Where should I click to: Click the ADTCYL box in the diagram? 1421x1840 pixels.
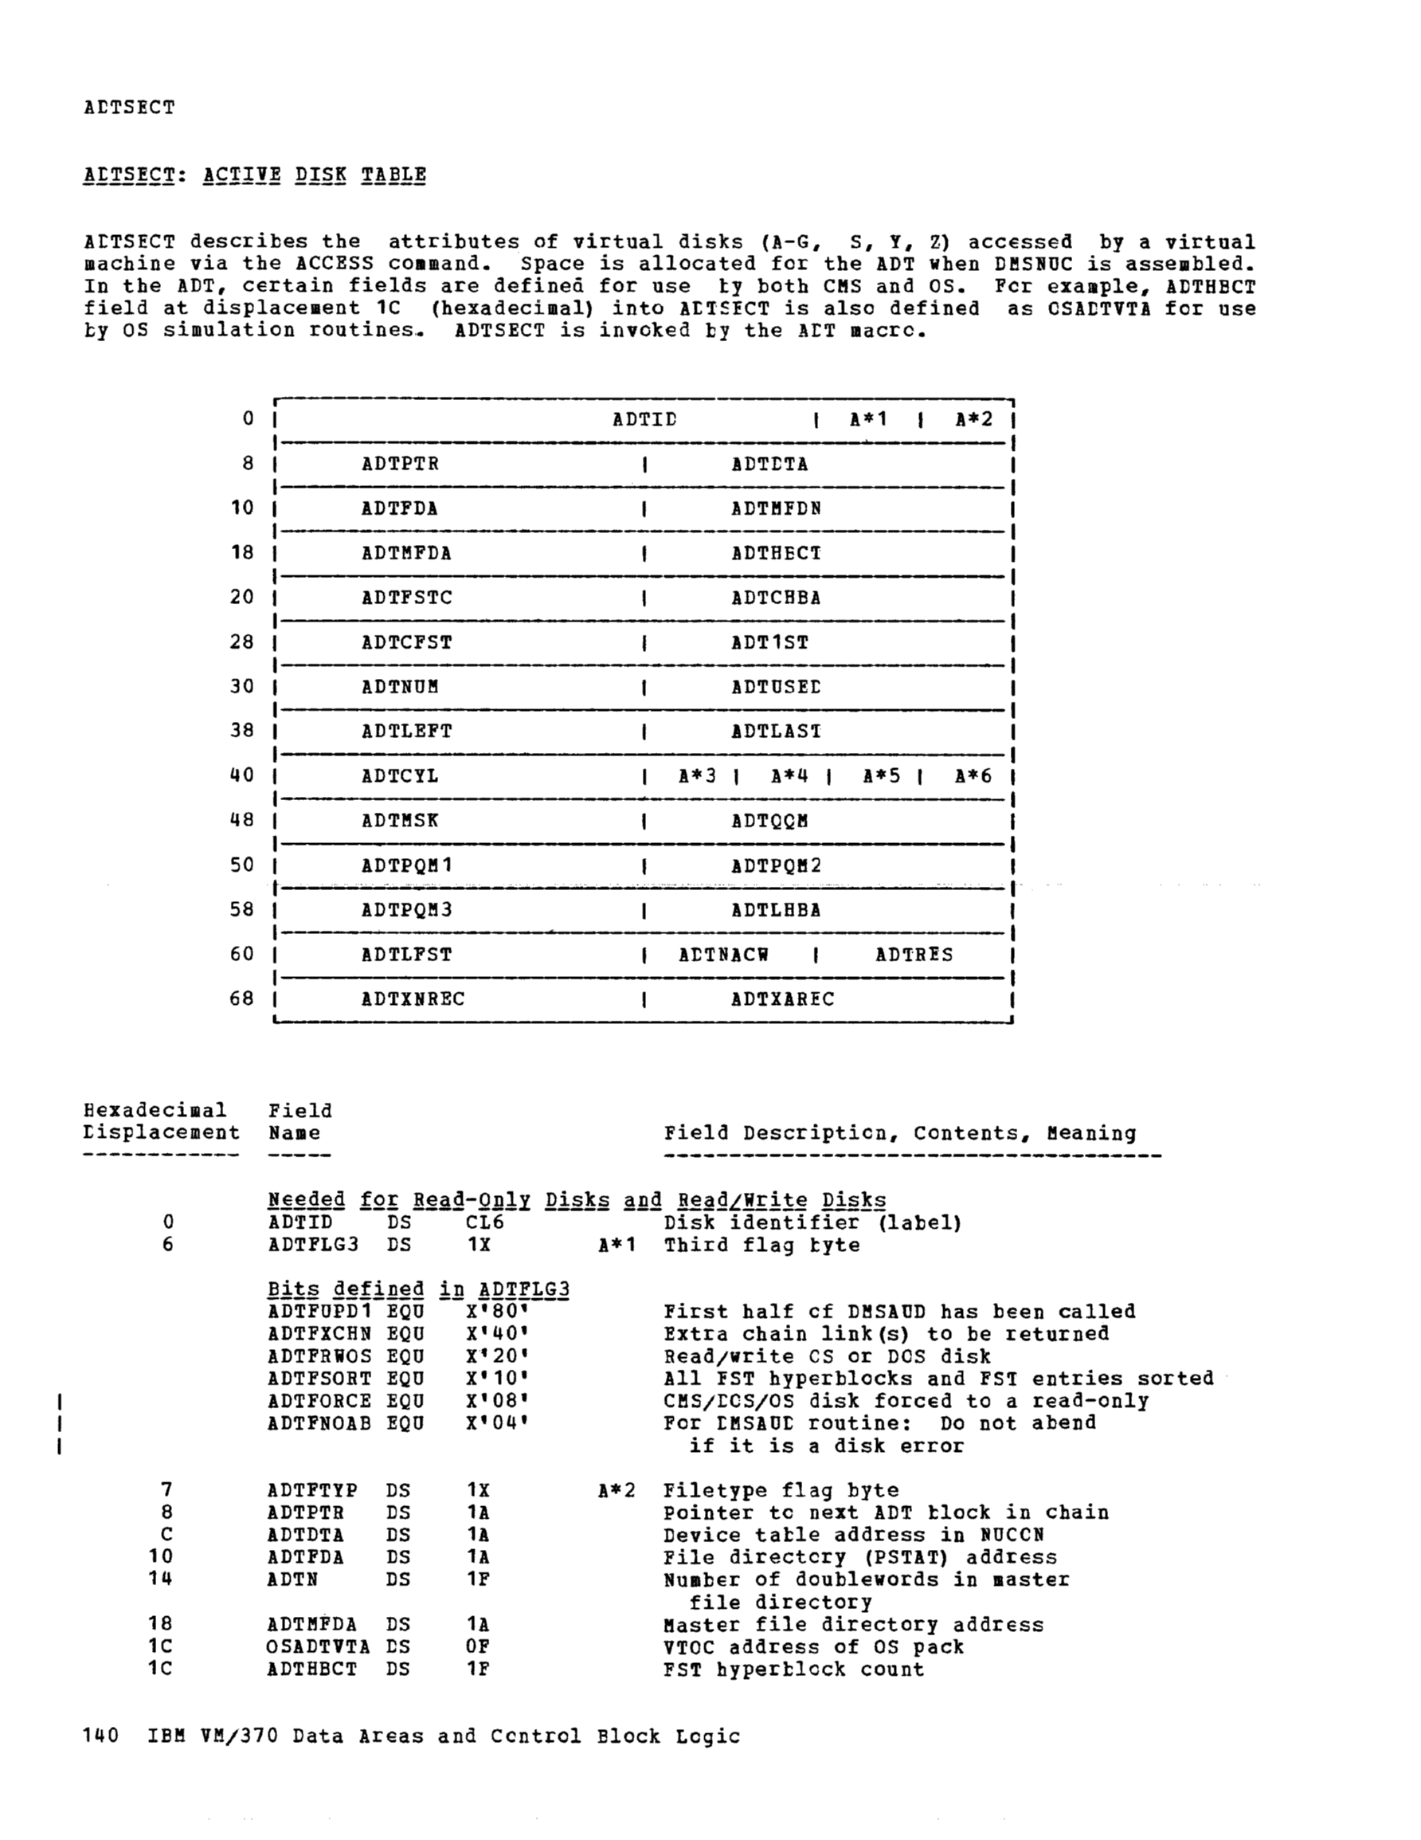pos(400,776)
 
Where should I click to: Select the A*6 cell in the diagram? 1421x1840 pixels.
pos(973,776)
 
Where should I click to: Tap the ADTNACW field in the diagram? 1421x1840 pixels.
pos(723,955)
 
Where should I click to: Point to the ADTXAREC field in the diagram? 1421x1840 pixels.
pos(782,999)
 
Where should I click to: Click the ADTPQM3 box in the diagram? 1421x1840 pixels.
pos(407,910)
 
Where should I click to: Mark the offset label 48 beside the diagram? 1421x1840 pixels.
pos(242,821)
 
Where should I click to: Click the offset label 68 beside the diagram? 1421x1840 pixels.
pos(242,999)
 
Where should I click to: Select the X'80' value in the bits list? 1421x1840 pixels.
pos(497,1312)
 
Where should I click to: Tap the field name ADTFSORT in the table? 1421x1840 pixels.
pos(319,1379)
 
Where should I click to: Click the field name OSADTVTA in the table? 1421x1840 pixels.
pos(318,1647)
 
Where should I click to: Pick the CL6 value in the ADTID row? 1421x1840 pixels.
pos(484,1222)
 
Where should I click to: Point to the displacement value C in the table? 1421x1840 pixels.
pos(167,1535)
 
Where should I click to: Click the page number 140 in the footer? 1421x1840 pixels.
pos(101,1736)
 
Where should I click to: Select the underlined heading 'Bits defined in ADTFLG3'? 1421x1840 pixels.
pos(418,1290)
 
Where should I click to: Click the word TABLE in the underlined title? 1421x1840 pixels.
pos(393,175)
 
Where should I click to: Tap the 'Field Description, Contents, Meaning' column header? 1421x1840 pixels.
pos(899,1133)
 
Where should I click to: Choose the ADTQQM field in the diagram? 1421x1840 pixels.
pos(769,821)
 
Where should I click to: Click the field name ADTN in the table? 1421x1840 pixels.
pos(292,1579)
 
